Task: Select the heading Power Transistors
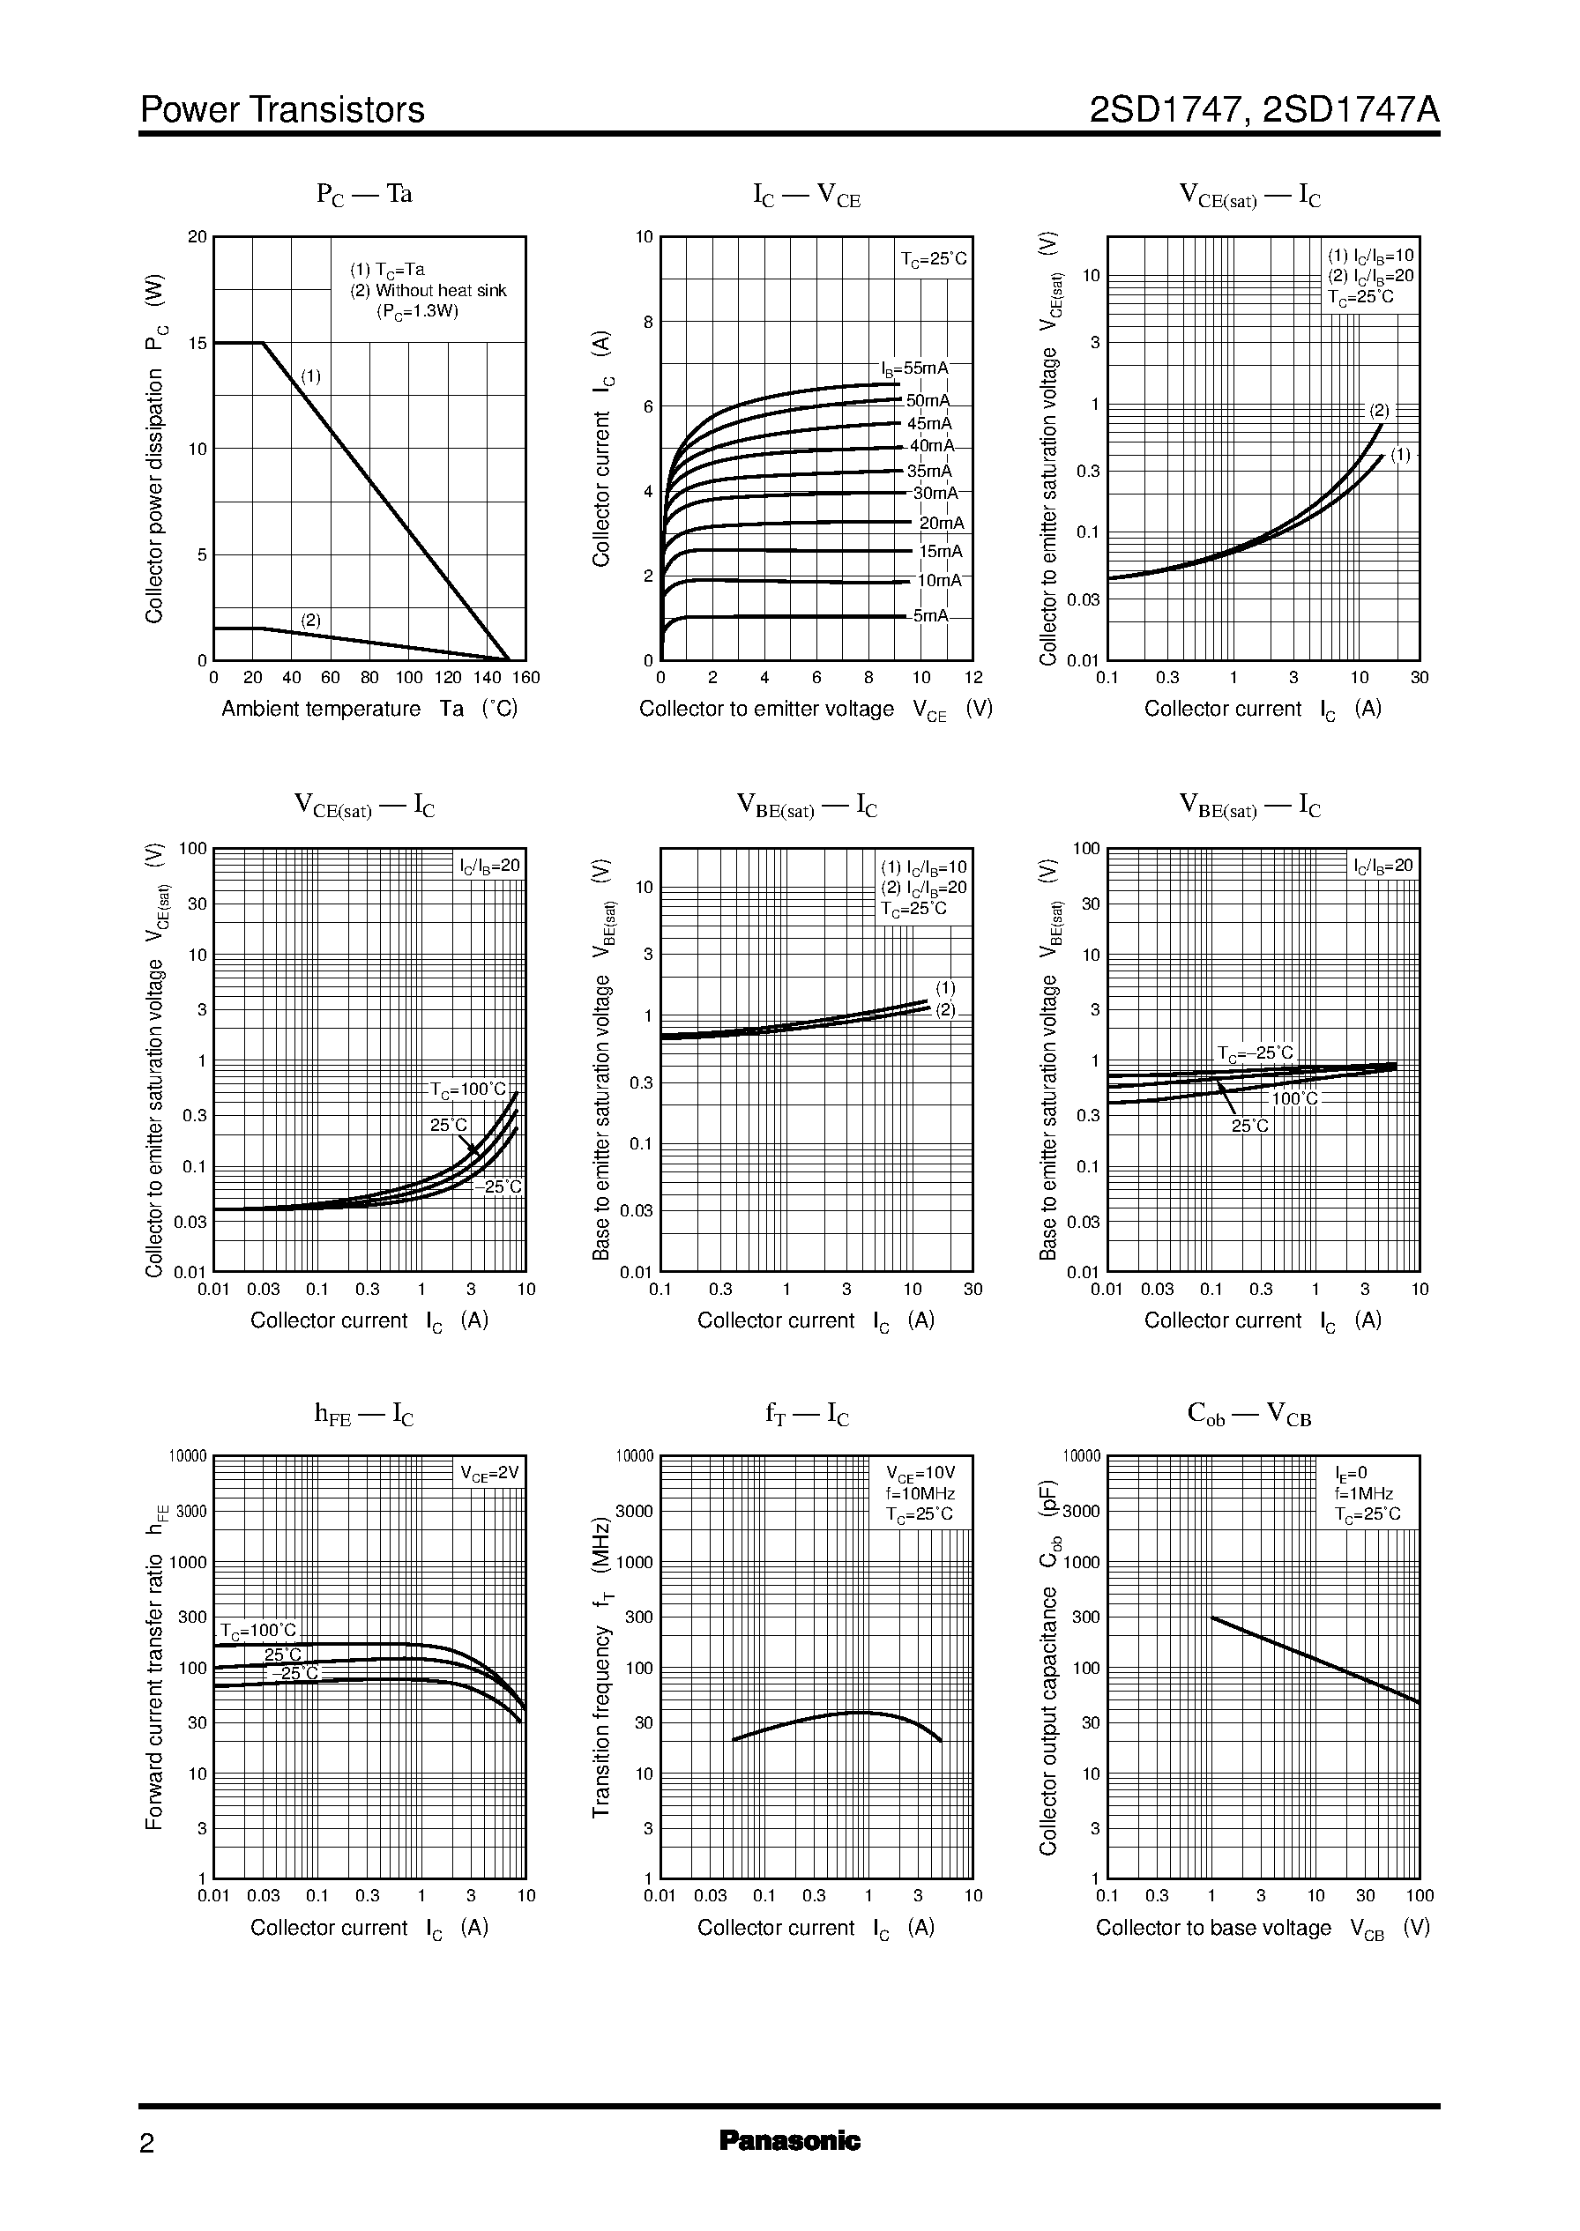tap(282, 110)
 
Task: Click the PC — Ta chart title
tap(364, 195)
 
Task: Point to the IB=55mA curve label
tap(913, 368)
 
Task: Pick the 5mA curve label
tap(929, 615)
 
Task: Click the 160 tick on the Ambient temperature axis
tap(525, 678)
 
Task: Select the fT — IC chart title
tap(807, 1415)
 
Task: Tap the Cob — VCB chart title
tap(1249, 1415)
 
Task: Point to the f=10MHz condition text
tap(920, 1494)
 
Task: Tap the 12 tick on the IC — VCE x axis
tap(973, 678)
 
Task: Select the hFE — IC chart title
tap(364, 1415)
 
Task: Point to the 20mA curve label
tap(941, 524)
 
